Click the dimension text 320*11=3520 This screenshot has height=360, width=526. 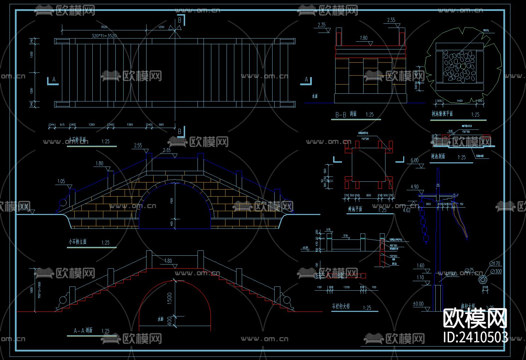pos(104,36)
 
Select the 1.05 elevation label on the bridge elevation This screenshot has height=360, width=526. pos(61,181)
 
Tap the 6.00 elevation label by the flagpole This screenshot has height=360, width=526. pos(414,161)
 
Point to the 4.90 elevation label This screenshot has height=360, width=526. pos(414,187)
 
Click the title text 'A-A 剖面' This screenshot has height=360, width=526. pos(83,331)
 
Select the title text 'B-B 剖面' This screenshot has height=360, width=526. pos(346,114)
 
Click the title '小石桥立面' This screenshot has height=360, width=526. pos(78,242)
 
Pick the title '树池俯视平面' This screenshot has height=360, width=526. pos(442,114)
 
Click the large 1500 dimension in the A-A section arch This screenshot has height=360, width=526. pos(169,298)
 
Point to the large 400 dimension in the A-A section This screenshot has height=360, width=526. pos(169,321)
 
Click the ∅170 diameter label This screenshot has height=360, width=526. pos(495,263)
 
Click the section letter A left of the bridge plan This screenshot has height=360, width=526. pos(54,80)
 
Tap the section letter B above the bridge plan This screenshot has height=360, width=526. pos(179,21)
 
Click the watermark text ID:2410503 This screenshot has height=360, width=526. pos(475,337)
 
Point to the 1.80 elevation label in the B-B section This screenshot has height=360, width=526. pos(364,38)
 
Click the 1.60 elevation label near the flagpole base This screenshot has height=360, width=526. pos(421,266)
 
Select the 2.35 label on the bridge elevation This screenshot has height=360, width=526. pos(166,150)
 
